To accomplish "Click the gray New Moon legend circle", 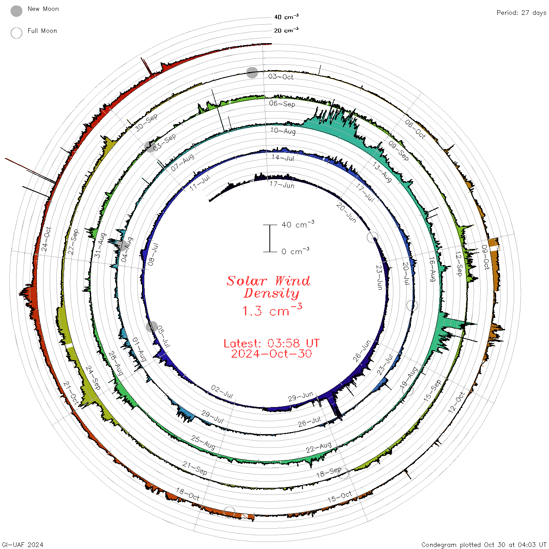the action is pyautogui.click(x=16, y=11).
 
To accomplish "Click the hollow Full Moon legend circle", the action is pyautogui.click(x=16, y=33).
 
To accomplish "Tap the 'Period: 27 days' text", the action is pyautogui.click(x=521, y=13).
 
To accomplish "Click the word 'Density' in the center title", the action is pyautogui.click(x=271, y=293).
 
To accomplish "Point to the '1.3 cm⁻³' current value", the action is pyautogui.click(x=272, y=310).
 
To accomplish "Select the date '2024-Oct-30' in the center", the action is pyautogui.click(x=271, y=354).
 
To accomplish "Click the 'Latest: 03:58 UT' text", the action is pyautogui.click(x=271, y=343).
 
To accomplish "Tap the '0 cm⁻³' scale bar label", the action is pyautogui.click(x=295, y=251).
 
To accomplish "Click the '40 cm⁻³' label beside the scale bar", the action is pyautogui.click(x=298, y=224).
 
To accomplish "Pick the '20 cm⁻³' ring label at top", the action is pyautogui.click(x=286, y=30).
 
